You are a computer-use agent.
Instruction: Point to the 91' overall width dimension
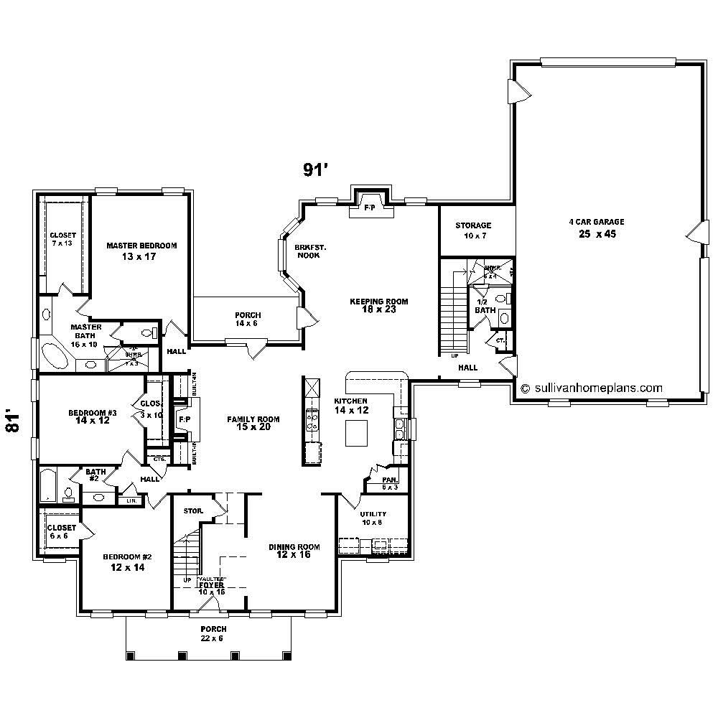[315, 170]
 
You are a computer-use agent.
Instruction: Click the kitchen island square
[357, 434]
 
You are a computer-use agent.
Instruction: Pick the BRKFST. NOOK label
[310, 251]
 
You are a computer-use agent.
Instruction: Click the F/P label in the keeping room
[370, 208]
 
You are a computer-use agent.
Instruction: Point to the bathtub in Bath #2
[47, 485]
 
